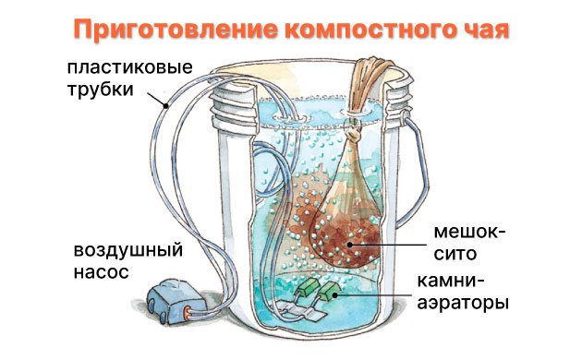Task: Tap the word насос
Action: coord(96,272)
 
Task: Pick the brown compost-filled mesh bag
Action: coord(346,222)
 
